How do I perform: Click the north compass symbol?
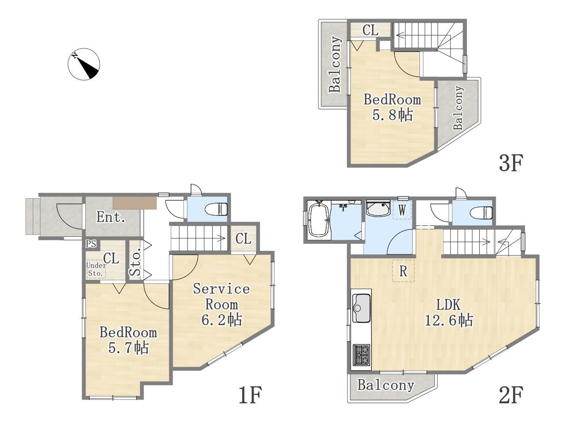click(84, 64)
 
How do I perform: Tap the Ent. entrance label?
click(111, 217)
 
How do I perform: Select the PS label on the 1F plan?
click(91, 243)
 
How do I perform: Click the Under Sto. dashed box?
click(96, 269)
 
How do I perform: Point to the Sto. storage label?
click(135, 262)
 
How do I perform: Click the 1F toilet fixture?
click(219, 209)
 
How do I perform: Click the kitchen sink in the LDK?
click(362, 308)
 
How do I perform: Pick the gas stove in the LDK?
click(361, 355)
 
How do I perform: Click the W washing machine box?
click(402, 210)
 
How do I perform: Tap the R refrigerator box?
click(403, 271)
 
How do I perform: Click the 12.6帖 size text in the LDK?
click(449, 321)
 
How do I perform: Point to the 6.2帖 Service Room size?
click(222, 320)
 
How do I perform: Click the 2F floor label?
click(511, 395)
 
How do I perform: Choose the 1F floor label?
click(250, 395)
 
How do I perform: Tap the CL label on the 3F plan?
click(371, 30)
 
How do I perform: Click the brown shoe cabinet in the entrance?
click(134, 203)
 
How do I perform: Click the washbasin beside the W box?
click(378, 209)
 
